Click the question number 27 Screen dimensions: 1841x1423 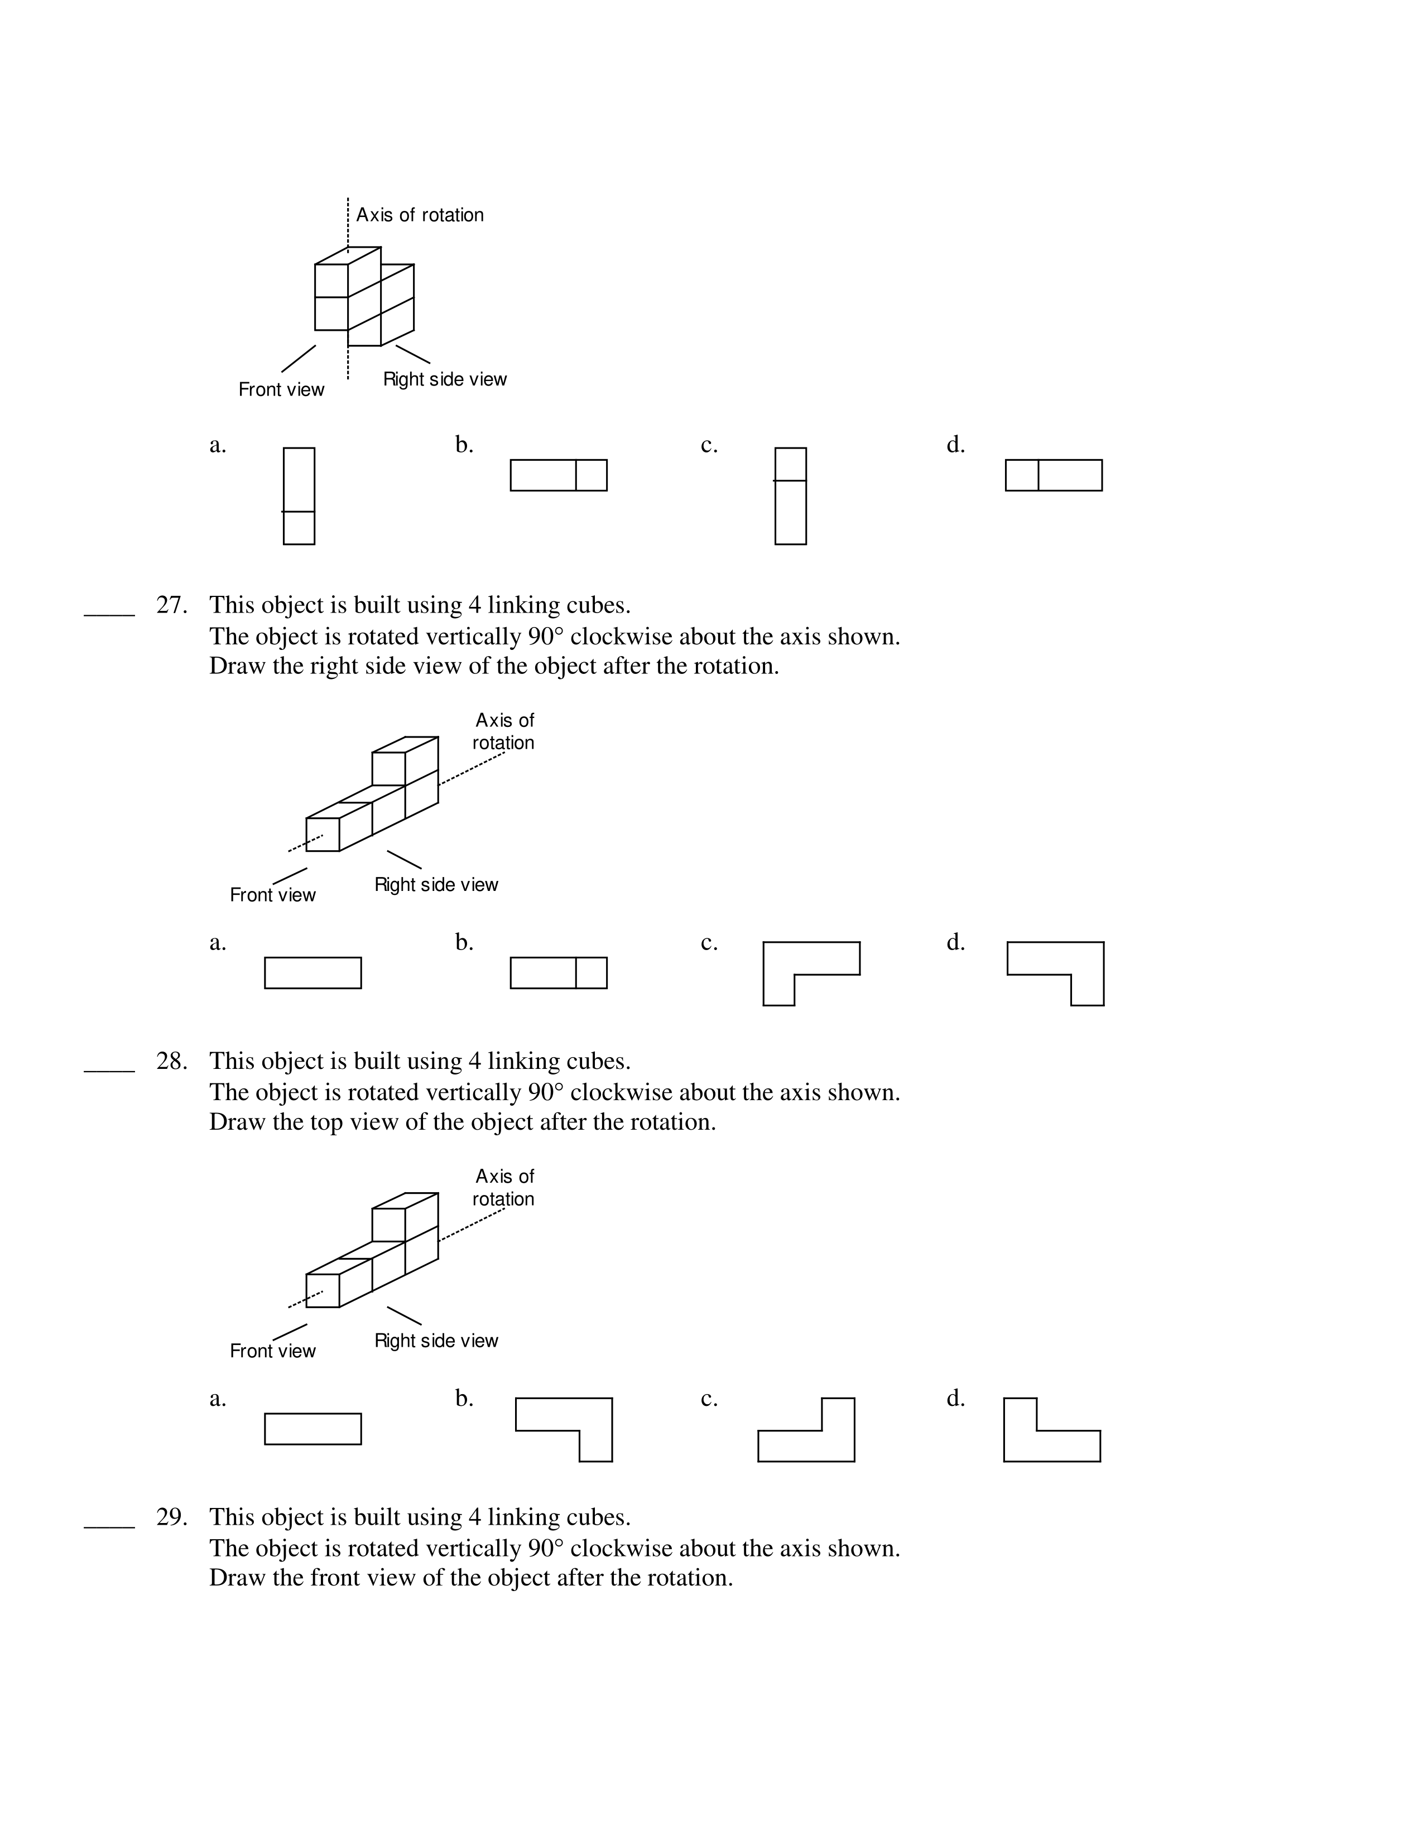171,606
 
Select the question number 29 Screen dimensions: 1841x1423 171,1518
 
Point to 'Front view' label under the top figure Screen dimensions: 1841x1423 281,389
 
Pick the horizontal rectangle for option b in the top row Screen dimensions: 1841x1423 558,475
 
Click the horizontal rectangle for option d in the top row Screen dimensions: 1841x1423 1054,475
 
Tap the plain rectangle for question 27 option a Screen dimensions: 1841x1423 313,973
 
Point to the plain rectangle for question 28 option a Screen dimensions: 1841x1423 313,1429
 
